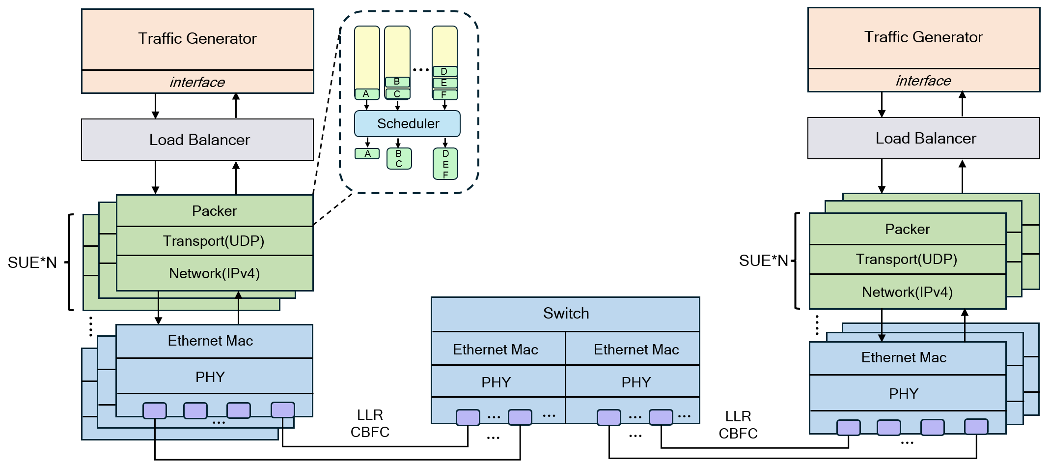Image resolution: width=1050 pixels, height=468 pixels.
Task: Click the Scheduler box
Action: (407, 123)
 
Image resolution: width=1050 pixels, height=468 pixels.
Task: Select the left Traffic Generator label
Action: (197, 38)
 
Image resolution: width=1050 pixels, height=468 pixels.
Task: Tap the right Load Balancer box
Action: (923, 138)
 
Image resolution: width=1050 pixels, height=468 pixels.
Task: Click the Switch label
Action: (566, 313)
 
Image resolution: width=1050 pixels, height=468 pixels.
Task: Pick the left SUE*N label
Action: (32, 263)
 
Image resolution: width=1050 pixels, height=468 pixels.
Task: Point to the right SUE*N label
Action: (763, 261)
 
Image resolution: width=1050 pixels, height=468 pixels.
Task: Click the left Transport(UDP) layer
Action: (214, 241)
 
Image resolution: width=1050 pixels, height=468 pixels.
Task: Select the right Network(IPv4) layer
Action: (907, 292)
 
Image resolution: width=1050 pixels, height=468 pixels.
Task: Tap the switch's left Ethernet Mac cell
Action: (496, 350)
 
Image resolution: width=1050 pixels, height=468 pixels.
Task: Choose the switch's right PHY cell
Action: (636, 382)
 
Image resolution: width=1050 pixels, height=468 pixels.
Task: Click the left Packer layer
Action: (214, 211)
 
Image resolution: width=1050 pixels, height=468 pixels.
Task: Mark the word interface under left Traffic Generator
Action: (197, 82)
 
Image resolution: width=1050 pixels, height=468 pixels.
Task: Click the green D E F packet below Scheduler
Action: (445, 164)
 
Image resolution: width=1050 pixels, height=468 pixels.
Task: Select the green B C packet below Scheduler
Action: (399, 159)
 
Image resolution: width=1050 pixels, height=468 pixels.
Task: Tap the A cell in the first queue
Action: (366, 94)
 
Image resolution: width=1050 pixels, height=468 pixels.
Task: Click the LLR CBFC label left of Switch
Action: (370, 423)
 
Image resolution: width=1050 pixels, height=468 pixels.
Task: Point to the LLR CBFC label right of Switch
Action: (738, 425)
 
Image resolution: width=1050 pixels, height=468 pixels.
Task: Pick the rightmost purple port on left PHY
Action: (283, 410)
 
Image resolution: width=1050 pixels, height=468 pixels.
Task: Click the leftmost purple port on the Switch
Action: (468, 417)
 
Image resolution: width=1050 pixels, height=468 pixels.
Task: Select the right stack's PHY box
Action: (904, 393)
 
